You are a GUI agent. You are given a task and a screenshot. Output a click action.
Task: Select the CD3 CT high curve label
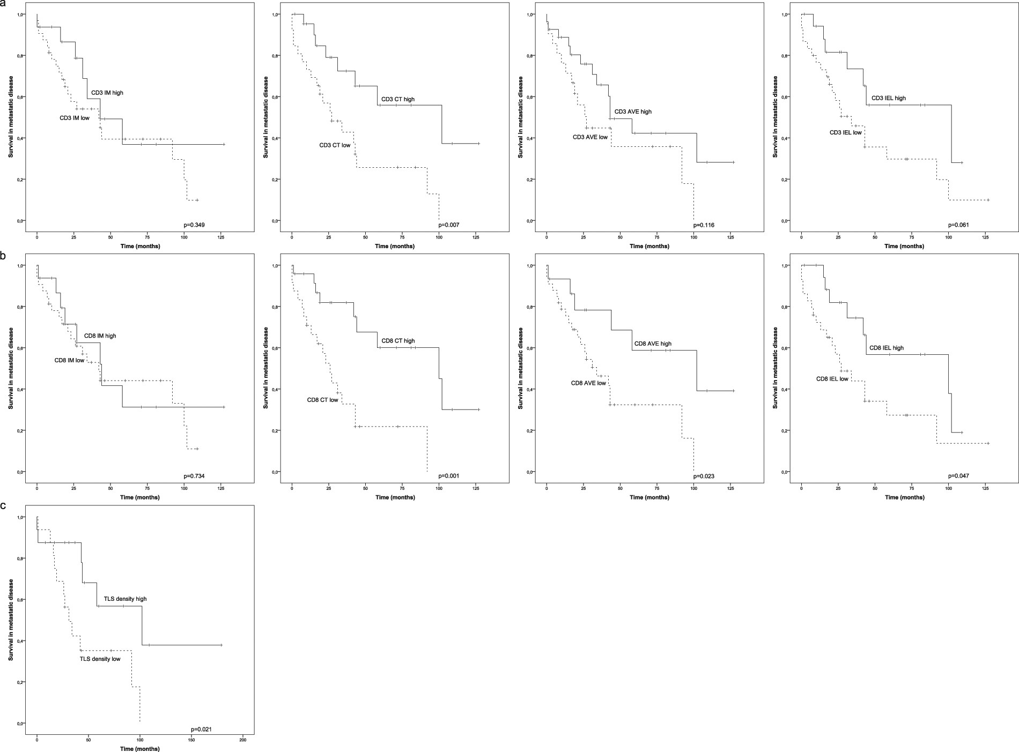click(397, 99)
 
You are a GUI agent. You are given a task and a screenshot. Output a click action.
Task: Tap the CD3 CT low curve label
click(335, 145)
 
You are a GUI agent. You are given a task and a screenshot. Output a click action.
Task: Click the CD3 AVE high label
click(632, 111)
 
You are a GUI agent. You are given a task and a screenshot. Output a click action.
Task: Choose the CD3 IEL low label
click(845, 132)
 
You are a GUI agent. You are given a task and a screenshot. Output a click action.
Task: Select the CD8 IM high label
click(100, 336)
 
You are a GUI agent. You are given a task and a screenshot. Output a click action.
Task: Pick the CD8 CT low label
click(322, 400)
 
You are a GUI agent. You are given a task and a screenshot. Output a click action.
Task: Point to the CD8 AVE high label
click(653, 344)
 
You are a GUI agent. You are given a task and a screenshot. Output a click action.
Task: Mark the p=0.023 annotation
click(704, 475)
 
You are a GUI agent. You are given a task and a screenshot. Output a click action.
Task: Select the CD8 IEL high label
click(886, 348)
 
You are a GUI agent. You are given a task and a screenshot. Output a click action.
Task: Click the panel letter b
click(4, 256)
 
